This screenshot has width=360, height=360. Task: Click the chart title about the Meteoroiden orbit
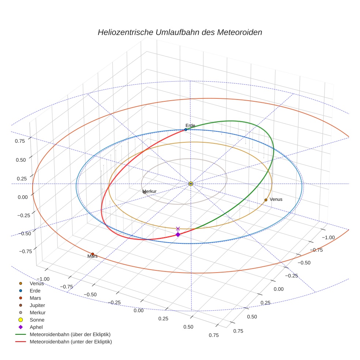click(180, 32)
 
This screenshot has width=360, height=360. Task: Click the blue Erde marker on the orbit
click(185, 130)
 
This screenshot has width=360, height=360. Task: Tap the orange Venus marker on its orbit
click(266, 200)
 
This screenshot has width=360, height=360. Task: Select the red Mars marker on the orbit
click(93, 254)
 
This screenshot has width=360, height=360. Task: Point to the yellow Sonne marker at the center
click(191, 183)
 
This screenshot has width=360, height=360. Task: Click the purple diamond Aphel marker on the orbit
click(178, 235)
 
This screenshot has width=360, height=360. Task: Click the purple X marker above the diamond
click(178, 229)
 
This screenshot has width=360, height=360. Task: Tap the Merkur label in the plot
click(150, 191)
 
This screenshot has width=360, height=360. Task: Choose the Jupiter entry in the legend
click(37, 305)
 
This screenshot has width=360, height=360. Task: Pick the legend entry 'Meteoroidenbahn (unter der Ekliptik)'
click(71, 342)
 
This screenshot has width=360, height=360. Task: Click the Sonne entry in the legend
click(37, 320)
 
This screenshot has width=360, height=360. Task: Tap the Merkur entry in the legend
click(38, 312)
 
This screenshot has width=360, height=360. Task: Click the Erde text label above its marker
click(190, 125)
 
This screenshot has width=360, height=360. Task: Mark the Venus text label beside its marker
click(276, 199)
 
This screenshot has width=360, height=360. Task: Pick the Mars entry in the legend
click(35, 298)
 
